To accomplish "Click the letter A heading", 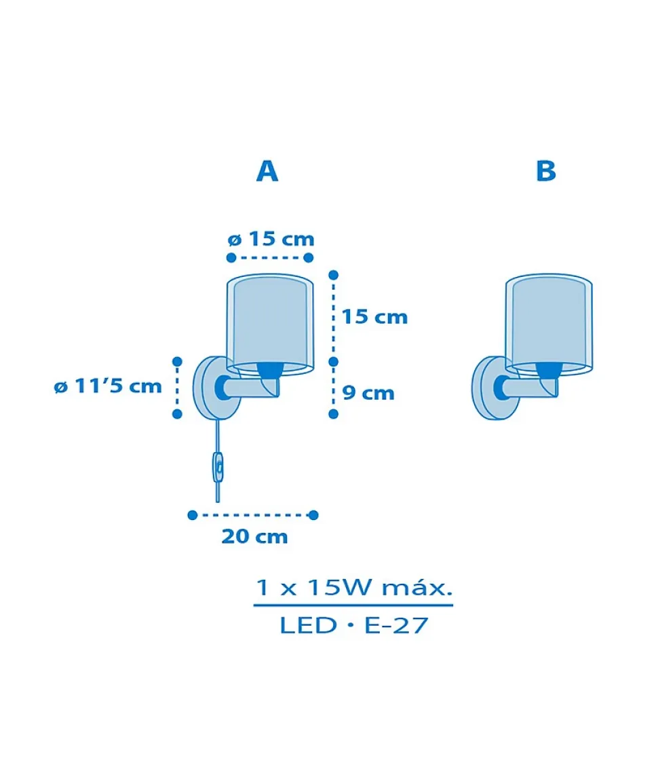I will pyautogui.click(x=267, y=172).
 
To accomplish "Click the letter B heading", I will pyautogui.click(x=545, y=172).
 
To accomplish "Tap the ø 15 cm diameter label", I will pyautogui.click(x=271, y=239).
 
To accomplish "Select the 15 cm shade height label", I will pyautogui.click(x=374, y=316).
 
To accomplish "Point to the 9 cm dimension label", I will pyautogui.click(x=368, y=393).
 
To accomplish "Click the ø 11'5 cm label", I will pyautogui.click(x=108, y=387).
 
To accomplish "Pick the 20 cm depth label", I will pyautogui.click(x=254, y=536).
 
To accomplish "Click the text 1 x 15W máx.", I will pyautogui.click(x=353, y=587).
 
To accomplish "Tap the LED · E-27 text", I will pyautogui.click(x=353, y=625).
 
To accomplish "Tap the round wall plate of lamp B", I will pyautogui.click(x=495, y=389).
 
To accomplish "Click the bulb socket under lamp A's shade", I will pyautogui.click(x=270, y=369).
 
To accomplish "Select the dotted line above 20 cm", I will pyautogui.click(x=252, y=515).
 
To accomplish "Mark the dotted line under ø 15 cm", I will pyautogui.click(x=269, y=257).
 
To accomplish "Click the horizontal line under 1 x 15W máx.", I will pyautogui.click(x=353, y=605).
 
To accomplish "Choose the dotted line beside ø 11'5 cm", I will pyautogui.click(x=177, y=387).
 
